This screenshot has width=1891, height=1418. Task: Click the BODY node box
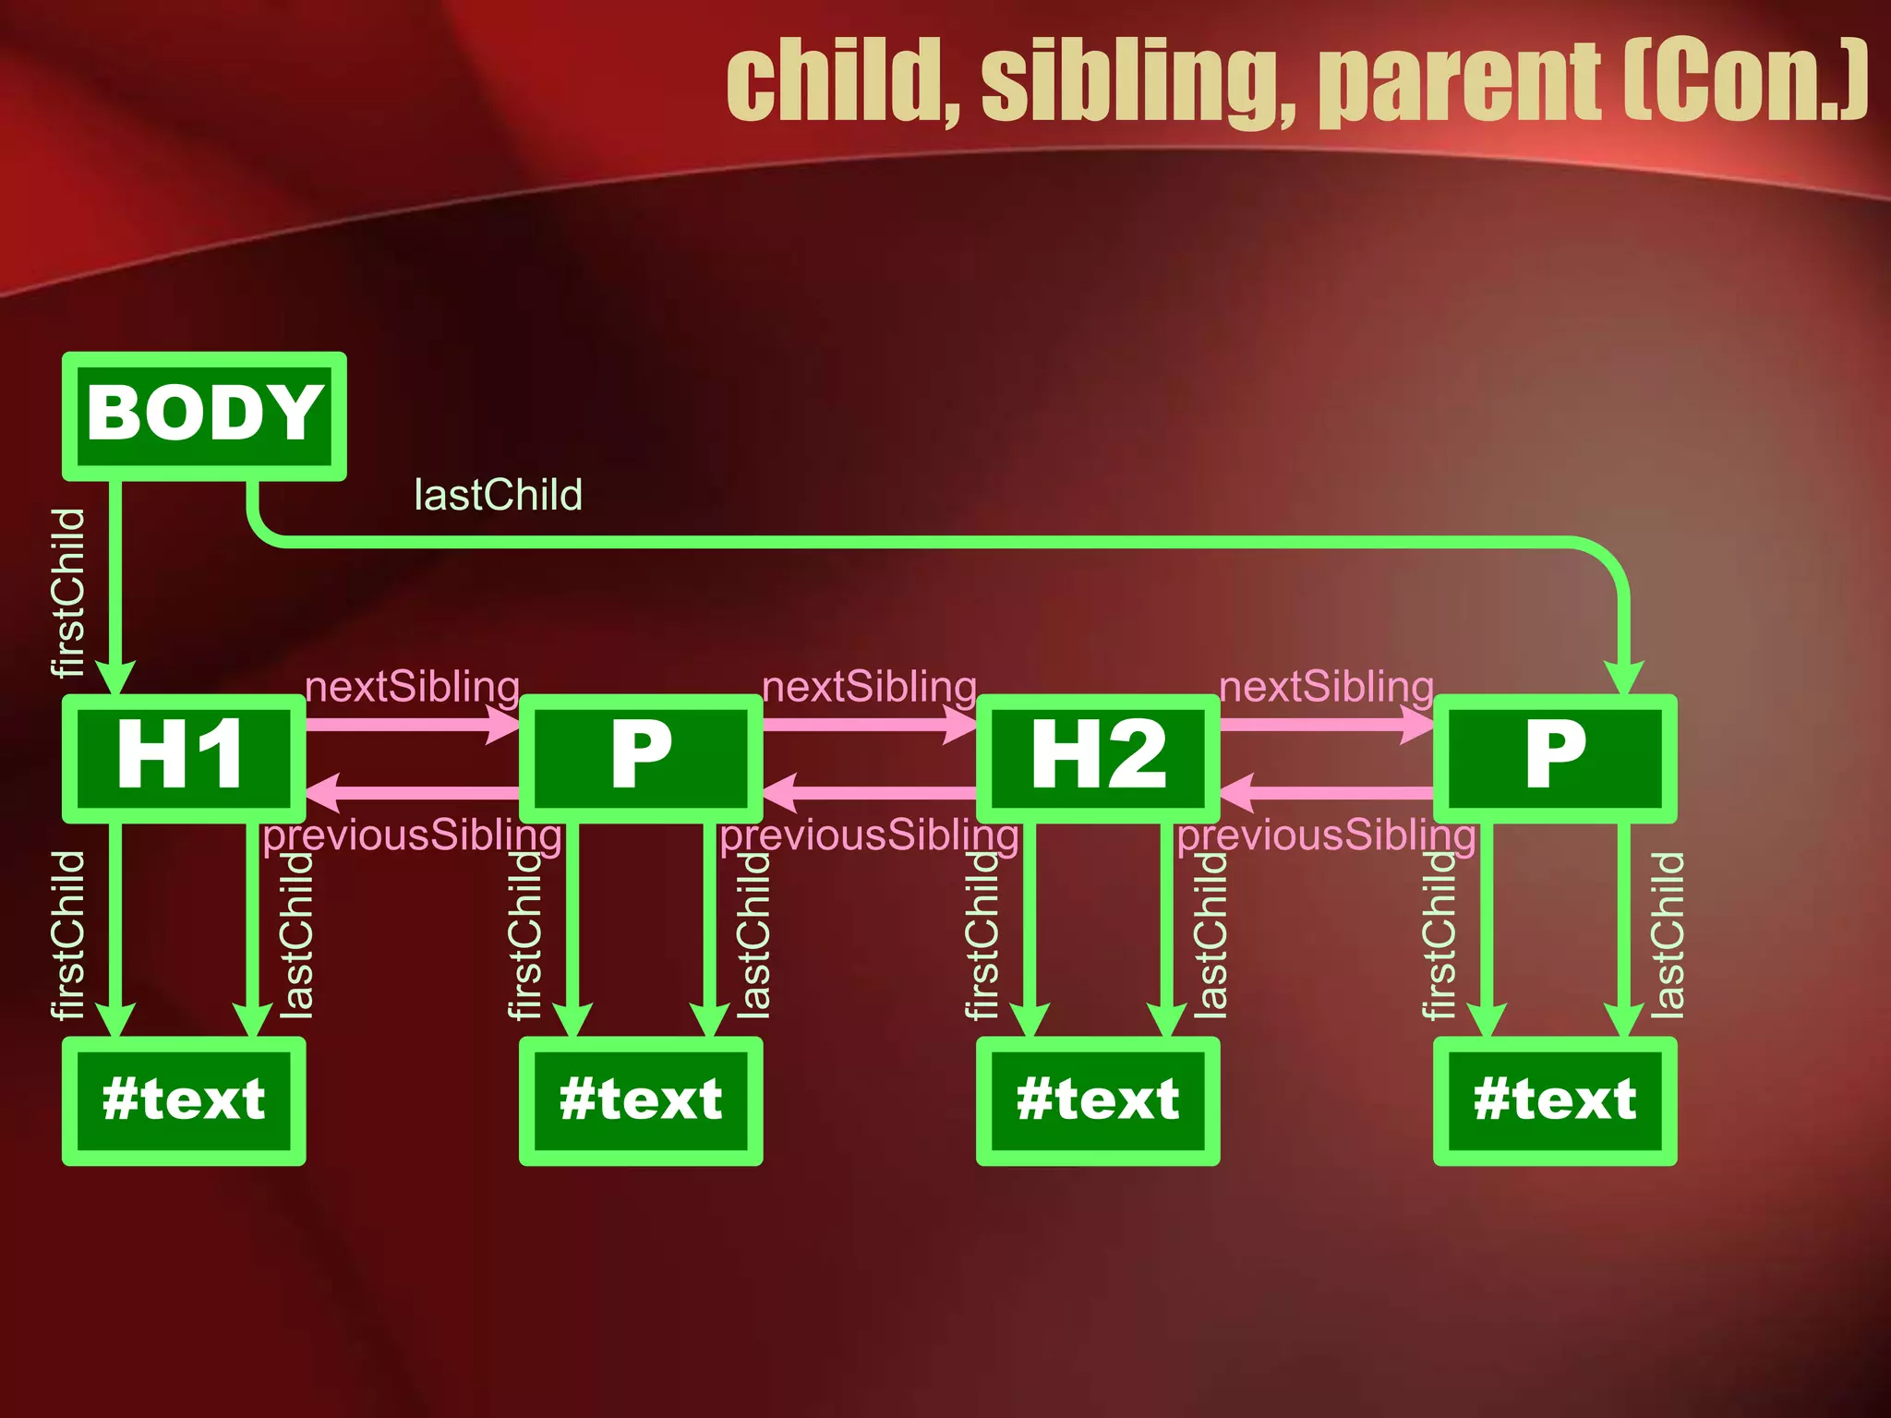[x=204, y=415]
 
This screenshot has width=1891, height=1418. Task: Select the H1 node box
[x=183, y=758]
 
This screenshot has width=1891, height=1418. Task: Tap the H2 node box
[x=1097, y=758]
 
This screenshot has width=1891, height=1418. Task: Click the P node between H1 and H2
[x=640, y=758]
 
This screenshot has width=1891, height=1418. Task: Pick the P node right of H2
[x=1554, y=758]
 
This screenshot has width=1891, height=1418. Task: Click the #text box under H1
[x=183, y=1100]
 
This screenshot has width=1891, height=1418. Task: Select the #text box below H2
[x=1097, y=1100]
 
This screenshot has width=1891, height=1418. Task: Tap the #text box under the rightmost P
[x=1554, y=1100]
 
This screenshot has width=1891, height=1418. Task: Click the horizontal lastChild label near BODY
[x=498, y=496]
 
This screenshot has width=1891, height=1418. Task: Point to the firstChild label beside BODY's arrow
[x=68, y=592]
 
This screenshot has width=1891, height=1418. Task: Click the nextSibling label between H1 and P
[x=412, y=687]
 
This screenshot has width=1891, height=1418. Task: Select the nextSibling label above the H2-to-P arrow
[x=1326, y=687]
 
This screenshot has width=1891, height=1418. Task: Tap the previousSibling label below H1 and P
[x=412, y=835]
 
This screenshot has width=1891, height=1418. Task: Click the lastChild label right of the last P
[x=1667, y=934]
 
